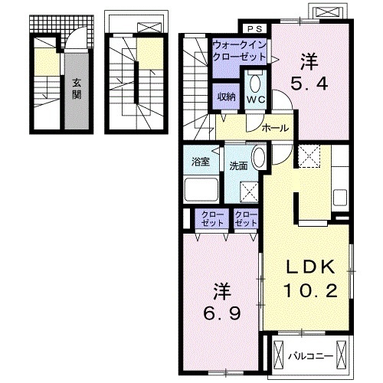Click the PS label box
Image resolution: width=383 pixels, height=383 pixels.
coord(255,29)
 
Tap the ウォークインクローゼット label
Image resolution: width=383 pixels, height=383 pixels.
coord(239,51)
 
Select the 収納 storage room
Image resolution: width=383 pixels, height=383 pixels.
coord(226,97)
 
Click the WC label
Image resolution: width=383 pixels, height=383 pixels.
coord(256,100)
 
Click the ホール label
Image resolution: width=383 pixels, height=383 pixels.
coord(275,128)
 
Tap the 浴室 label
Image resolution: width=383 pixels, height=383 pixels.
coord(201,162)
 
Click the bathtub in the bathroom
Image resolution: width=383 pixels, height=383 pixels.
coord(201,189)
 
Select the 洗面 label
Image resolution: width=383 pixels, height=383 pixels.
coord(238,166)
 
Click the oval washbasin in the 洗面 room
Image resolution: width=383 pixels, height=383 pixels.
coord(258,158)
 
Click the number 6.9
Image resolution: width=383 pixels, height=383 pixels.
coord(221,313)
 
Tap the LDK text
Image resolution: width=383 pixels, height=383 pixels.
coord(310,267)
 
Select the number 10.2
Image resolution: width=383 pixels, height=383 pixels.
coord(310,291)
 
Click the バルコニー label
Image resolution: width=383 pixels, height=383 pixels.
coord(311,356)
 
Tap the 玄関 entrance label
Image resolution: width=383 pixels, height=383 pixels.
coord(77,89)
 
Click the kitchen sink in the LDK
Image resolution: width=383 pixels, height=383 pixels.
coord(340,197)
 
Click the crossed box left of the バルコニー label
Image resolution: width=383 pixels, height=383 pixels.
coord(279,354)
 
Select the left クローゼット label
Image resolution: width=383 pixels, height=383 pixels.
coord(212,218)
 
